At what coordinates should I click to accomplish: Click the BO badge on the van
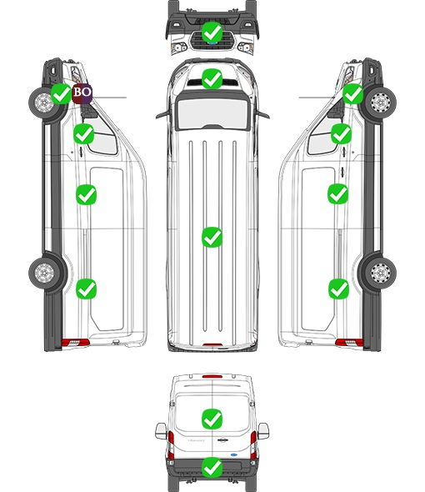[x=82, y=93]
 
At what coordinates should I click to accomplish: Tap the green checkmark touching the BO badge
[x=61, y=93]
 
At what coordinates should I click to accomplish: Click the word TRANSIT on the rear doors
[x=196, y=440]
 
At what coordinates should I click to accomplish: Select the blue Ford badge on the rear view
[x=234, y=454]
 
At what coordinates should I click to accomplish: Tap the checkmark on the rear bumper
[x=212, y=468]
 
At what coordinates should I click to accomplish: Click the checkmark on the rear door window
[x=212, y=419]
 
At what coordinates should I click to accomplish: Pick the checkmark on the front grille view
[x=212, y=32]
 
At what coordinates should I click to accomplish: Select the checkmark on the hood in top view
[x=212, y=78]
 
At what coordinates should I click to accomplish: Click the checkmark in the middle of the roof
[x=212, y=237]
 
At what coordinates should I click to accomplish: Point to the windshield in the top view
[x=212, y=113]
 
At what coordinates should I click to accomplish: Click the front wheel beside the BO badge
[x=43, y=103]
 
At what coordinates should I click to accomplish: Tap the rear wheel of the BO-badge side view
[x=44, y=273]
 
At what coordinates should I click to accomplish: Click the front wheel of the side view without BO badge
[x=381, y=103]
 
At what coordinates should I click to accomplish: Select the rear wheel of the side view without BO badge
[x=381, y=273]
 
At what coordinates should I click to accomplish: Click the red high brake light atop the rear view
[x=212, y=376]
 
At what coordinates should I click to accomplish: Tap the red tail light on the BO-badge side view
[x=76, y=343]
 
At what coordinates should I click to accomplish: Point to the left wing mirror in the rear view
[x=161, y=431]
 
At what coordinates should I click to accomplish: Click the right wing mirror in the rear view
[x=263, y=431]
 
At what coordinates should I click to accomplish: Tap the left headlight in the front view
[x=179, y=48]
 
